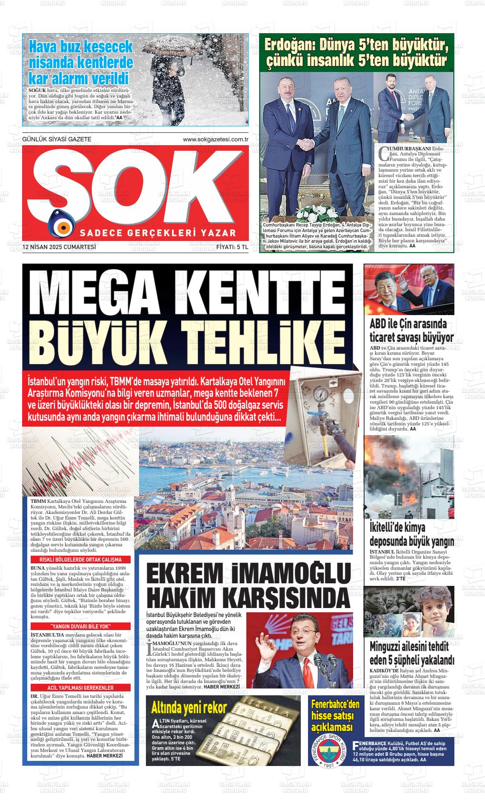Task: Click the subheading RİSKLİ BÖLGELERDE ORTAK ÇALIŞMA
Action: coord(80,559)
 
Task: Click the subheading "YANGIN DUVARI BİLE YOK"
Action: coord(80,626)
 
